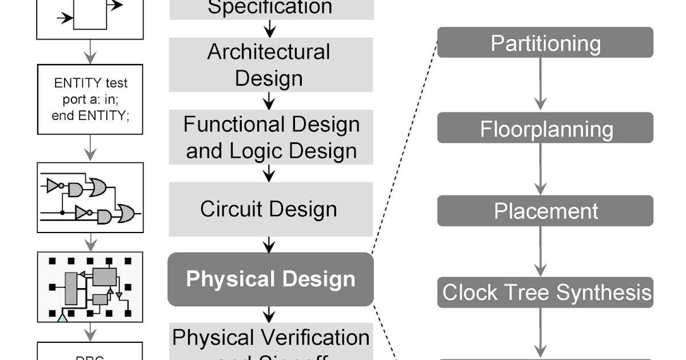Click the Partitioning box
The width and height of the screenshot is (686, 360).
point(545,43)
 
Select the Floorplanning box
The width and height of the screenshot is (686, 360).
point(545,128)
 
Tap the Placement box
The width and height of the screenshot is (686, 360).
point(545,211)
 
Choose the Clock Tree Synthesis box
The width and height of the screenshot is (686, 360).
point(545,293)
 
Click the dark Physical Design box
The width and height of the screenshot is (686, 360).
point(270,279)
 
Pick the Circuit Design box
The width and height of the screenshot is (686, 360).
point(270,209)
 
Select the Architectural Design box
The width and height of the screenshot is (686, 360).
point(270,65)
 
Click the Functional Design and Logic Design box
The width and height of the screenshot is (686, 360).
point(270,137)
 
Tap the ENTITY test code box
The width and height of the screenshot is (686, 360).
point(90,99)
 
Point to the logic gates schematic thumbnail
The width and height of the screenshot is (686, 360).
point(90,197)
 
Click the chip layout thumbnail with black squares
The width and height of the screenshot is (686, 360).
point(90,286)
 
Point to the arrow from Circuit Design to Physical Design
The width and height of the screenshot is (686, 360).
point(269,244)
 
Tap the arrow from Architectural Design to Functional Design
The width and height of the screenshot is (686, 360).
point(269,101)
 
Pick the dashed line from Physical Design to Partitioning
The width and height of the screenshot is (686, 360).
point(405,149)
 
